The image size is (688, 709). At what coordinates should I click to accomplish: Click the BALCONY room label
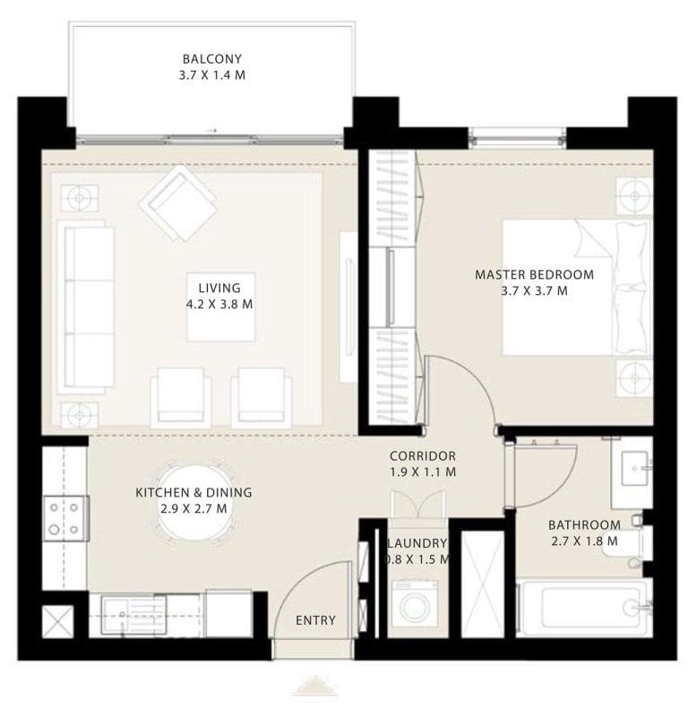212,68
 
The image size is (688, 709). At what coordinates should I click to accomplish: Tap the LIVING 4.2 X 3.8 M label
219,296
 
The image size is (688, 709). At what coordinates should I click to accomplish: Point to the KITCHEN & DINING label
193,500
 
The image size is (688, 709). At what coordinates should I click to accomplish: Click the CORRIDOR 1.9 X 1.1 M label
423,463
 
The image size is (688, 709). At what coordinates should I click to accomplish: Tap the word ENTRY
315,620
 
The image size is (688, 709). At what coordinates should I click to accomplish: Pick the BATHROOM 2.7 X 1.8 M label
584,532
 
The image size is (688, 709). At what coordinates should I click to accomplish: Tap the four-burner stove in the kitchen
64,518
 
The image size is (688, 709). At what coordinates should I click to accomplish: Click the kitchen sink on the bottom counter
126,614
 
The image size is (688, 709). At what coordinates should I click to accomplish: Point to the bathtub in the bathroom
584,609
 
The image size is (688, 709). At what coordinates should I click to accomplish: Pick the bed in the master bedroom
573,287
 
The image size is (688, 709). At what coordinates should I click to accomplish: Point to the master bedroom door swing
460,390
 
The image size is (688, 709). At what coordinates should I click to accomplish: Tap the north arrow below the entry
314,687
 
